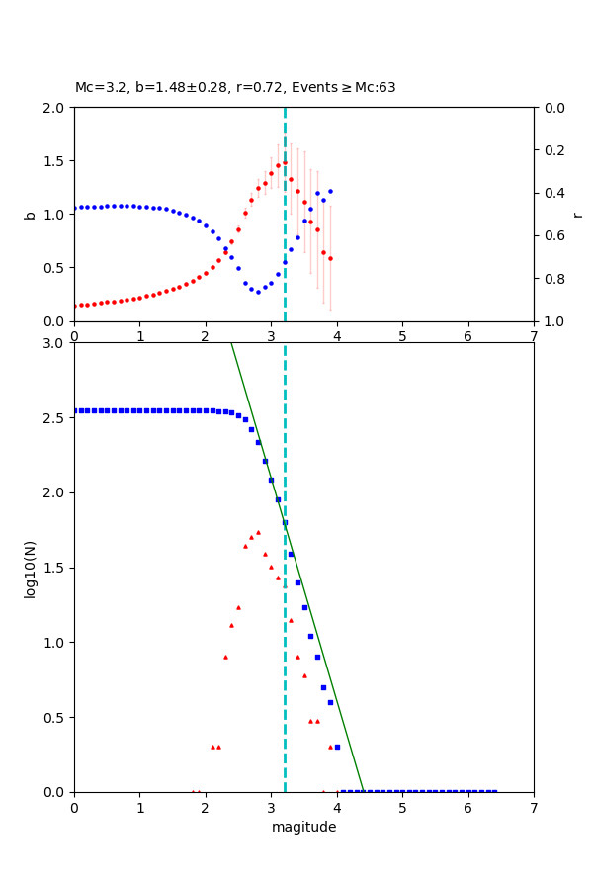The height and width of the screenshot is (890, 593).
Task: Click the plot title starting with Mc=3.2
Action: (235, 87)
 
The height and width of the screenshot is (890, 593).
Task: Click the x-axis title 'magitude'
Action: (303, 827)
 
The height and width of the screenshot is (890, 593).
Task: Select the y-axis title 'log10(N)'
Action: (31, 568)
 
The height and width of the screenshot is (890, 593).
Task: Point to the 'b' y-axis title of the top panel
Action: (31, 214)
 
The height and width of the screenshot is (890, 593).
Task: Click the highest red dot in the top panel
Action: (285, 163)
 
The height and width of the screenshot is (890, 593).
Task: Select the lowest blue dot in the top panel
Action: (258, 292)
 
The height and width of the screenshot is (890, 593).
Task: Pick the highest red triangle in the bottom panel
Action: (258, 532)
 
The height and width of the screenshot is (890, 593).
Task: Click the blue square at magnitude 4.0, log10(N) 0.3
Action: (337, 747)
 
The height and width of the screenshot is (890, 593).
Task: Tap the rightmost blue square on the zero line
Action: (494, 792)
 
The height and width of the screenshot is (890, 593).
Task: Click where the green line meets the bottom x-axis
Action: (364, 792)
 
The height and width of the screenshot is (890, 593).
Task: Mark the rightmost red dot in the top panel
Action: (330, 258)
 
